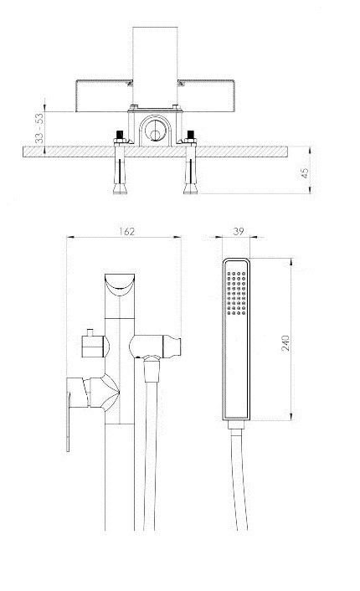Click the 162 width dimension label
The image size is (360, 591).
click(126, 231)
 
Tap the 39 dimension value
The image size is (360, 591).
click(239, 231)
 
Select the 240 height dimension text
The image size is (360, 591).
click(285, 342)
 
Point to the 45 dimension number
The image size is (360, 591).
click(304, 172)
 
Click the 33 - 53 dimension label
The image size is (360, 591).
click(39, 128)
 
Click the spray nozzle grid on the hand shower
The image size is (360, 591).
click(237, 292)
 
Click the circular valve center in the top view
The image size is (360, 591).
click(156, 131)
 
